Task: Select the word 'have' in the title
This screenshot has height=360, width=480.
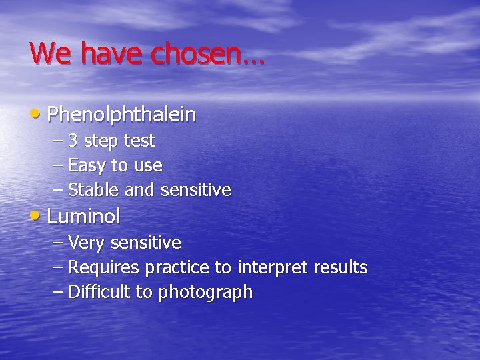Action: (x=113, y=53)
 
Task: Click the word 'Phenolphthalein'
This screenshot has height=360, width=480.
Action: (x=122, y=115)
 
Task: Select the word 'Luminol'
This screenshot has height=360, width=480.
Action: (x=83, y=217)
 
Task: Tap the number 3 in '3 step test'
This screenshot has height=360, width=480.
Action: (x=73, y=141)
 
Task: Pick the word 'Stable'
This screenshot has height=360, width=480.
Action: (x=95, y=191)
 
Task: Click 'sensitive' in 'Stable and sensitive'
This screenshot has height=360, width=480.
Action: (x=195, y=191)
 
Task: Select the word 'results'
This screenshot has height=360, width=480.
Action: (x=341, y=268)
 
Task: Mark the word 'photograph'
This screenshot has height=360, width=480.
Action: (x=205, y=293)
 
